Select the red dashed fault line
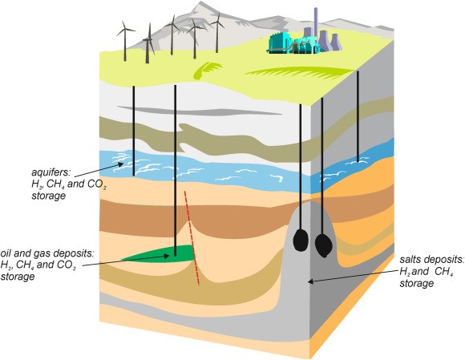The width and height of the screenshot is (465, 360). click(192, 238)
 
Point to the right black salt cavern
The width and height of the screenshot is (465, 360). click(323, 245)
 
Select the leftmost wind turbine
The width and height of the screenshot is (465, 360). click(125, 41)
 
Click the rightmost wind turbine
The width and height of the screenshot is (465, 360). click(218, 33)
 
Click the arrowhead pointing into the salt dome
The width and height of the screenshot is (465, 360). click(311, 281)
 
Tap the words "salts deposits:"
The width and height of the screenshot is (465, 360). click(432, 259)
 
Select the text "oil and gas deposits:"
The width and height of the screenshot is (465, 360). click(47, 253)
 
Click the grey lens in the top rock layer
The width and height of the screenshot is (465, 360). click(200, 111)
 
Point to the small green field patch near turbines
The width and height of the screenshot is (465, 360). click(207, 71)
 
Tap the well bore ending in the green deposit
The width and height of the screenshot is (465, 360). click(176, 171)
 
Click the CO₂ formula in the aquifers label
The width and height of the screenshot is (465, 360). click(97, 184)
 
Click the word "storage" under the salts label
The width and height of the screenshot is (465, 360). click(416, 284)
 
